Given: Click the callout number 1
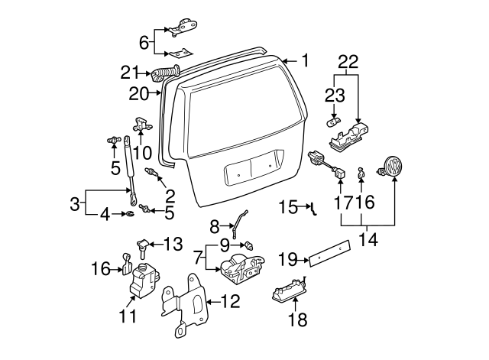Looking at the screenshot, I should (x=305, y=60).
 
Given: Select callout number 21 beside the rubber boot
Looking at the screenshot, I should (x=130, y=73).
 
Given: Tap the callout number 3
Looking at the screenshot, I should (x=75, y=203).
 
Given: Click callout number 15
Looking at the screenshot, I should (x=287, y=206).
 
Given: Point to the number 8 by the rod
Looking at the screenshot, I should (x=215, y=225).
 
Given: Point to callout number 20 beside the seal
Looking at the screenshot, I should (x=139, y=94).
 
